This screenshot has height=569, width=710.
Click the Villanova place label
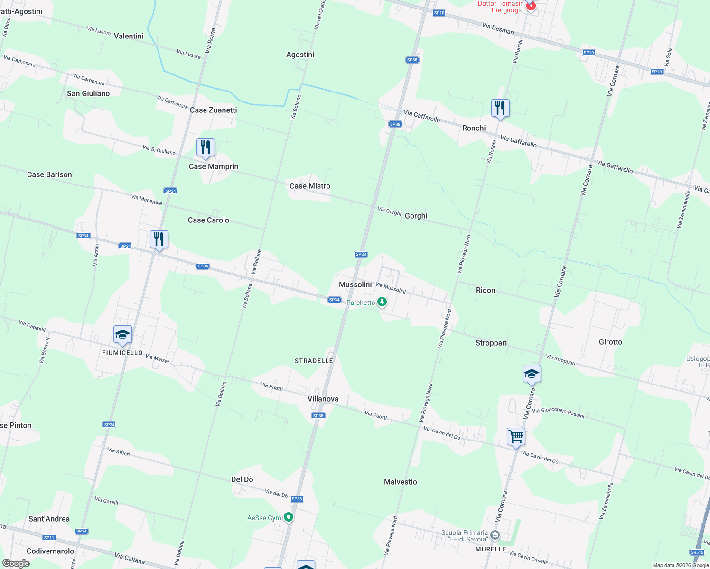323,399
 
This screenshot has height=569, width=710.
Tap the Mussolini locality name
355,284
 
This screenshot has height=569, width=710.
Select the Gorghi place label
416,216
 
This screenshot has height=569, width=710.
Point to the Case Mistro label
309,186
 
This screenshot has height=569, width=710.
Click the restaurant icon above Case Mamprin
206,148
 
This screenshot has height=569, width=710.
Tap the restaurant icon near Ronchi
500,109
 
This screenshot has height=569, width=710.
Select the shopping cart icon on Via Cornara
516,436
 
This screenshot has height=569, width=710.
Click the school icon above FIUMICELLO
122,335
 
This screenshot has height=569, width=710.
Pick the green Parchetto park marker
382,303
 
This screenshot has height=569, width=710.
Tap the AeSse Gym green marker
288,517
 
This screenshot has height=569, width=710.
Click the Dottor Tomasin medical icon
531,6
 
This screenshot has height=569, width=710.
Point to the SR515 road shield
697,552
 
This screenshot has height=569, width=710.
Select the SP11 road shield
49,538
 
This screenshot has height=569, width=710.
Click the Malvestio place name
400,482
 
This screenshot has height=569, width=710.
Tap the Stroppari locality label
491,343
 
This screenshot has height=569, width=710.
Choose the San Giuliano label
88,93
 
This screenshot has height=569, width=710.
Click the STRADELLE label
314,361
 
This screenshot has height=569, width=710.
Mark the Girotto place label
610,342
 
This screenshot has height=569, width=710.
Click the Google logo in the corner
16,563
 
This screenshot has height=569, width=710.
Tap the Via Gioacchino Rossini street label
558,413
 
